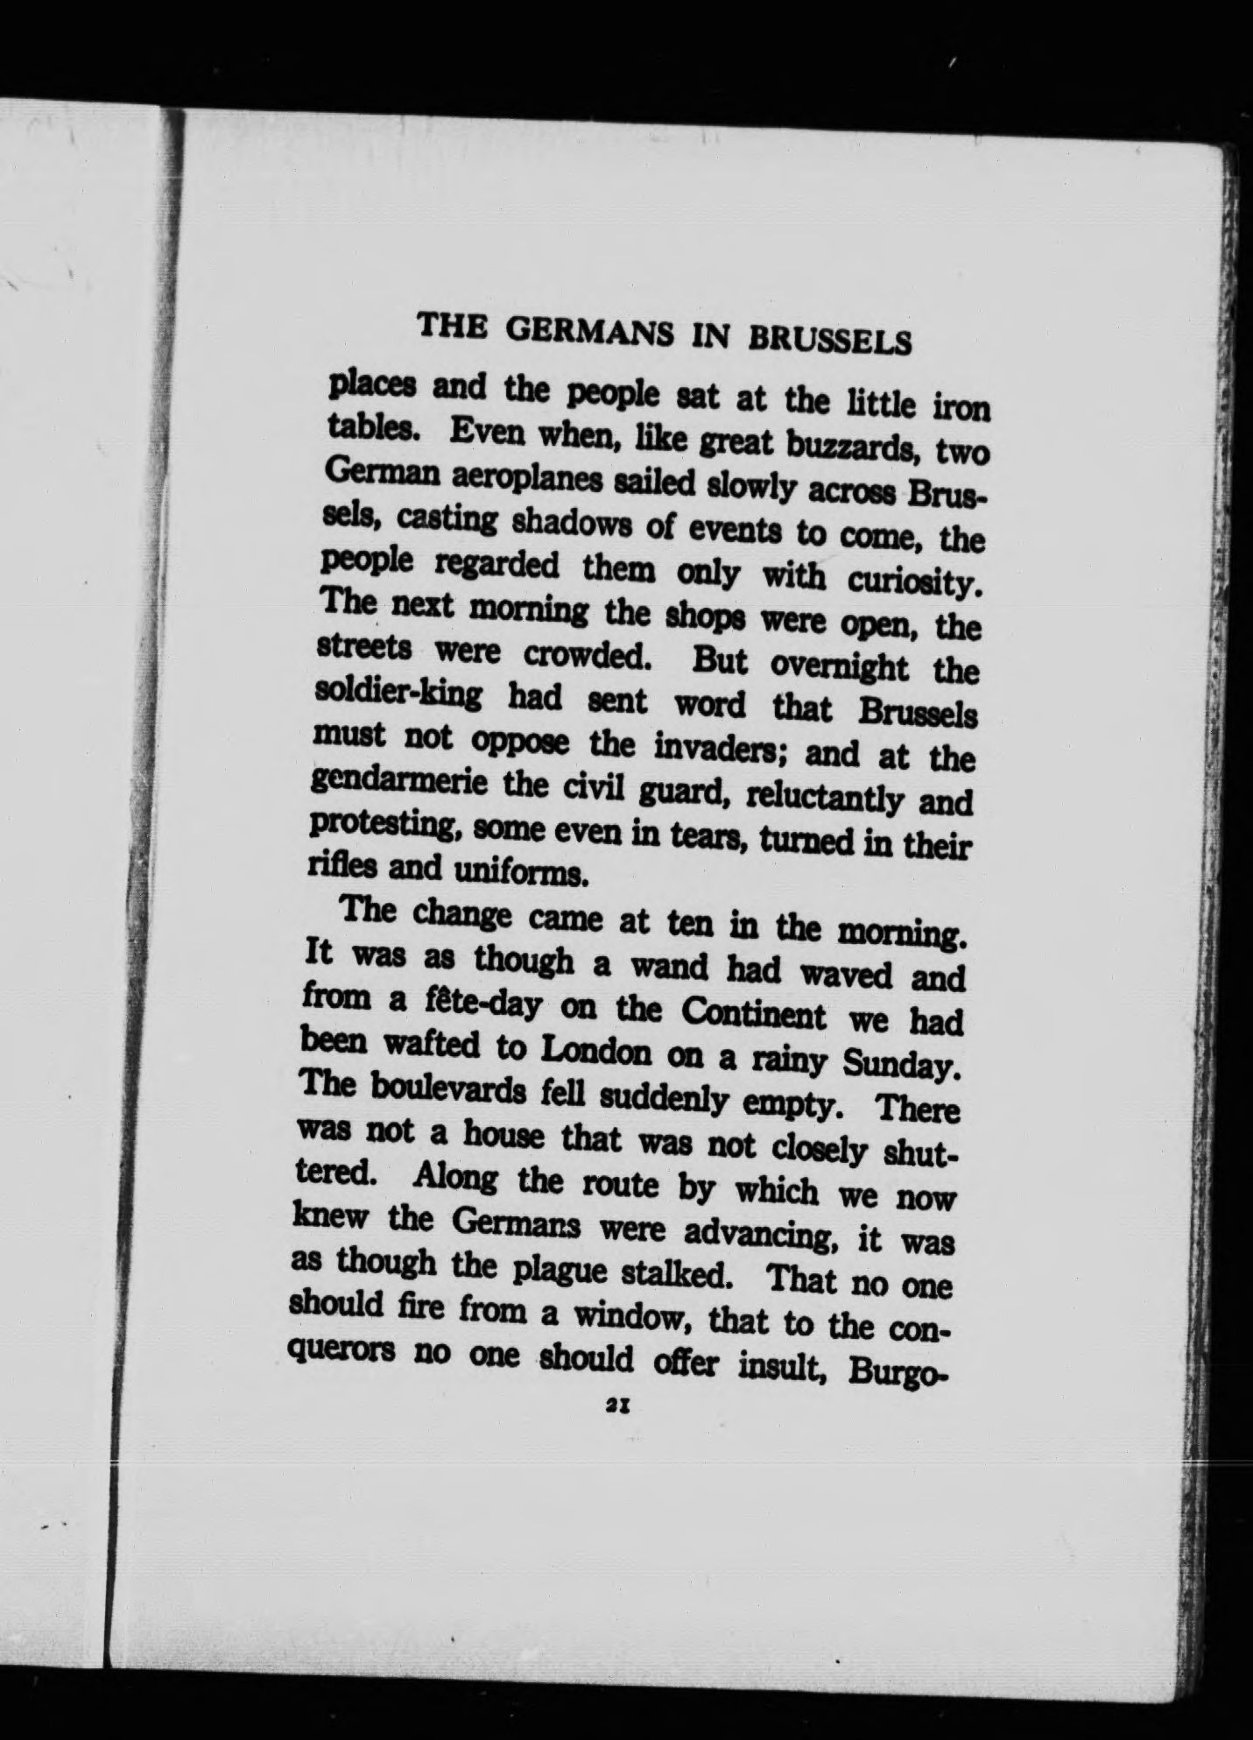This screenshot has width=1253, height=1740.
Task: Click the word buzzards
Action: tap(850, 448)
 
